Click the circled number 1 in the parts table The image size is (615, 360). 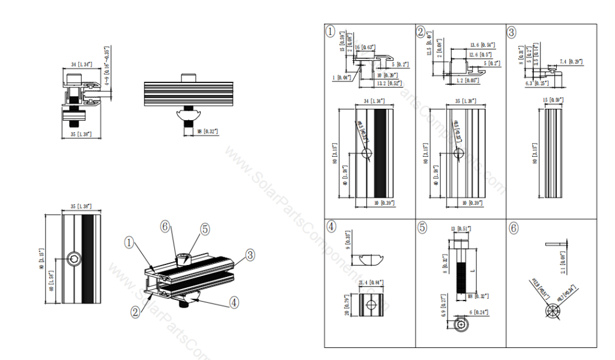tap(330, 32)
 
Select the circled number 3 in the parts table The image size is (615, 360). tap(512, 32)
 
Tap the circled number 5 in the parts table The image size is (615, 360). tap(422, 228)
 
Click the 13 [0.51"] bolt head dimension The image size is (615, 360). tap(461, 228)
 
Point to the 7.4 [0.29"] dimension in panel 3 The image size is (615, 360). tap(571, 61)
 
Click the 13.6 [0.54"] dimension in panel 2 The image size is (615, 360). tap(482, 45)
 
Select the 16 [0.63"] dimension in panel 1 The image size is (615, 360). tap(365, 46)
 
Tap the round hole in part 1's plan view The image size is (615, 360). tap(367, 154)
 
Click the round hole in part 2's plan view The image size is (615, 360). tap(458, 154)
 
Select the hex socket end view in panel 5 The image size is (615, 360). tap(461, 325)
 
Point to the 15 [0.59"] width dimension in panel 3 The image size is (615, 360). tap(553, 100)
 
